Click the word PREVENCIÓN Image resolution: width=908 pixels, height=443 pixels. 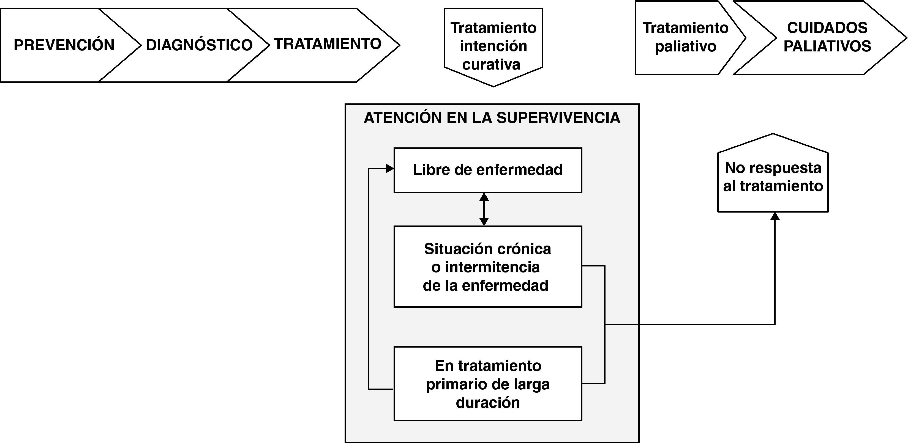(64, 45)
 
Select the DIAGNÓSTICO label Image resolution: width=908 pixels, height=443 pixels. (199, 45)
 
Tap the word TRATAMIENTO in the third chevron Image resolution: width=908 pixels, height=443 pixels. (328, 44)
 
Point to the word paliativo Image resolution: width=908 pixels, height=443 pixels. (686, 47)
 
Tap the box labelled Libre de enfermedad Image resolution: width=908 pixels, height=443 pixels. (487, 170)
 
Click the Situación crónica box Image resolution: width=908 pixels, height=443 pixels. (487, 266)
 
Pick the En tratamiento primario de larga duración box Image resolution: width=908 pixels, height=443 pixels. (487, 384)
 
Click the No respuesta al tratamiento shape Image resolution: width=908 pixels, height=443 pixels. (773, 177)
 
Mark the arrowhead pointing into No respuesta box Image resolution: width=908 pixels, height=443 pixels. (775, 216)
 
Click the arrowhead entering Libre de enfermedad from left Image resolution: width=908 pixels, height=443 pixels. (389, 169)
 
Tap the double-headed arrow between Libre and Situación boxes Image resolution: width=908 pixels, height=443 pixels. (484, 209)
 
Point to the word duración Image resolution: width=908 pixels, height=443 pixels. (487, 403)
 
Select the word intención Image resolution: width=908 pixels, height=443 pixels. (493, 46)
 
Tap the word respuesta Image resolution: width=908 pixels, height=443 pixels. (785, 168)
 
